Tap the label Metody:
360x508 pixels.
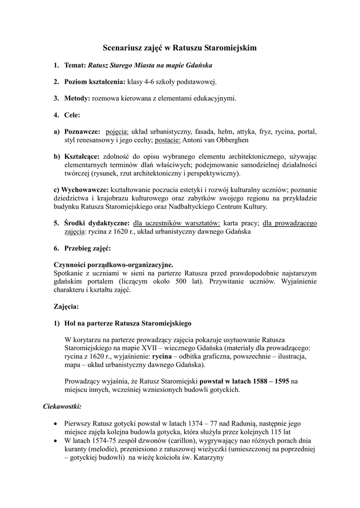click(77, 98)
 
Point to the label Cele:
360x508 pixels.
click(72, 115)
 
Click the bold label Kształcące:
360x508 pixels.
click(81, 157)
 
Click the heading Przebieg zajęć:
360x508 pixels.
click(87, 248)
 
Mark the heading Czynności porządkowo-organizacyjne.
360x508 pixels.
click(113, 264)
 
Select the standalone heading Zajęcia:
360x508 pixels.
click(66, 306)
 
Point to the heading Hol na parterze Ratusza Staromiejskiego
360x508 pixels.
click(128, 323)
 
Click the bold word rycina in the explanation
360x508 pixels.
click(161, 356)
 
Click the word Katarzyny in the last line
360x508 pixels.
click(209, 458)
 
